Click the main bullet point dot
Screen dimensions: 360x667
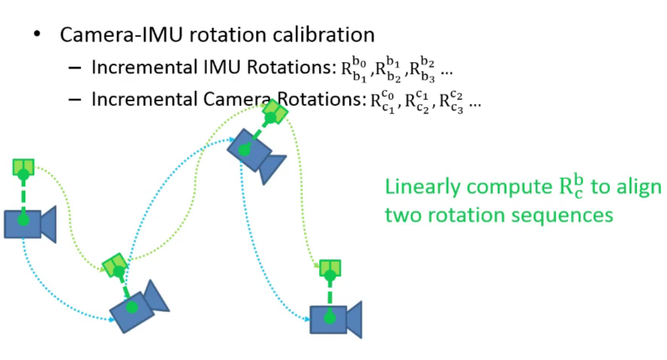click(37, 34)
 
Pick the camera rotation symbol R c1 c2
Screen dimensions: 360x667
click(417, 102)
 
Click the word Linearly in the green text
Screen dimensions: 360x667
click(423, 187)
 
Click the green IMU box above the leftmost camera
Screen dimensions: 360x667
click(24, 167)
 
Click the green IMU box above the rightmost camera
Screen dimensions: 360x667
click(330, 268)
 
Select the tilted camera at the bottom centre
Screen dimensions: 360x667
click(138, 307)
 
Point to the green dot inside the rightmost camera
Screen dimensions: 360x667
click(330, 318)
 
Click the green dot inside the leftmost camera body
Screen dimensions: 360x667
click(23, 221)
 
